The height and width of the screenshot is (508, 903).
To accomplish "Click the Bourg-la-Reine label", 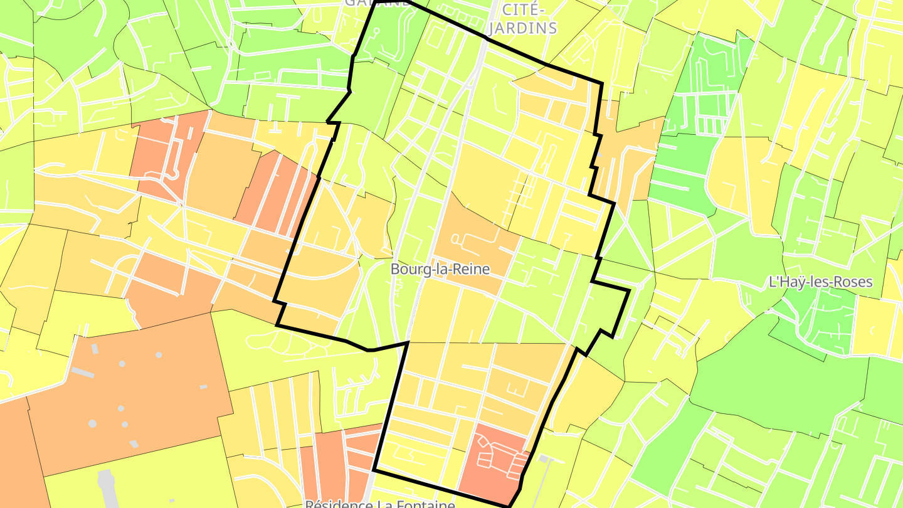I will pos(440,269).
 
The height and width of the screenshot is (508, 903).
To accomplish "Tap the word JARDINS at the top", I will pos(522,28).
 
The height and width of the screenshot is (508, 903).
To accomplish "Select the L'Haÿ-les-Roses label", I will pos(820,282).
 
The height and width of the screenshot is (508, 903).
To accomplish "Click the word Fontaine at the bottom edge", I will pos(425,504).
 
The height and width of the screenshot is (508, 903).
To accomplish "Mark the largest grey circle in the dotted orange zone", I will pos(92,423).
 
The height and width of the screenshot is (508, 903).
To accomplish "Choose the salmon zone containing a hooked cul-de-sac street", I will pos(166,157).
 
